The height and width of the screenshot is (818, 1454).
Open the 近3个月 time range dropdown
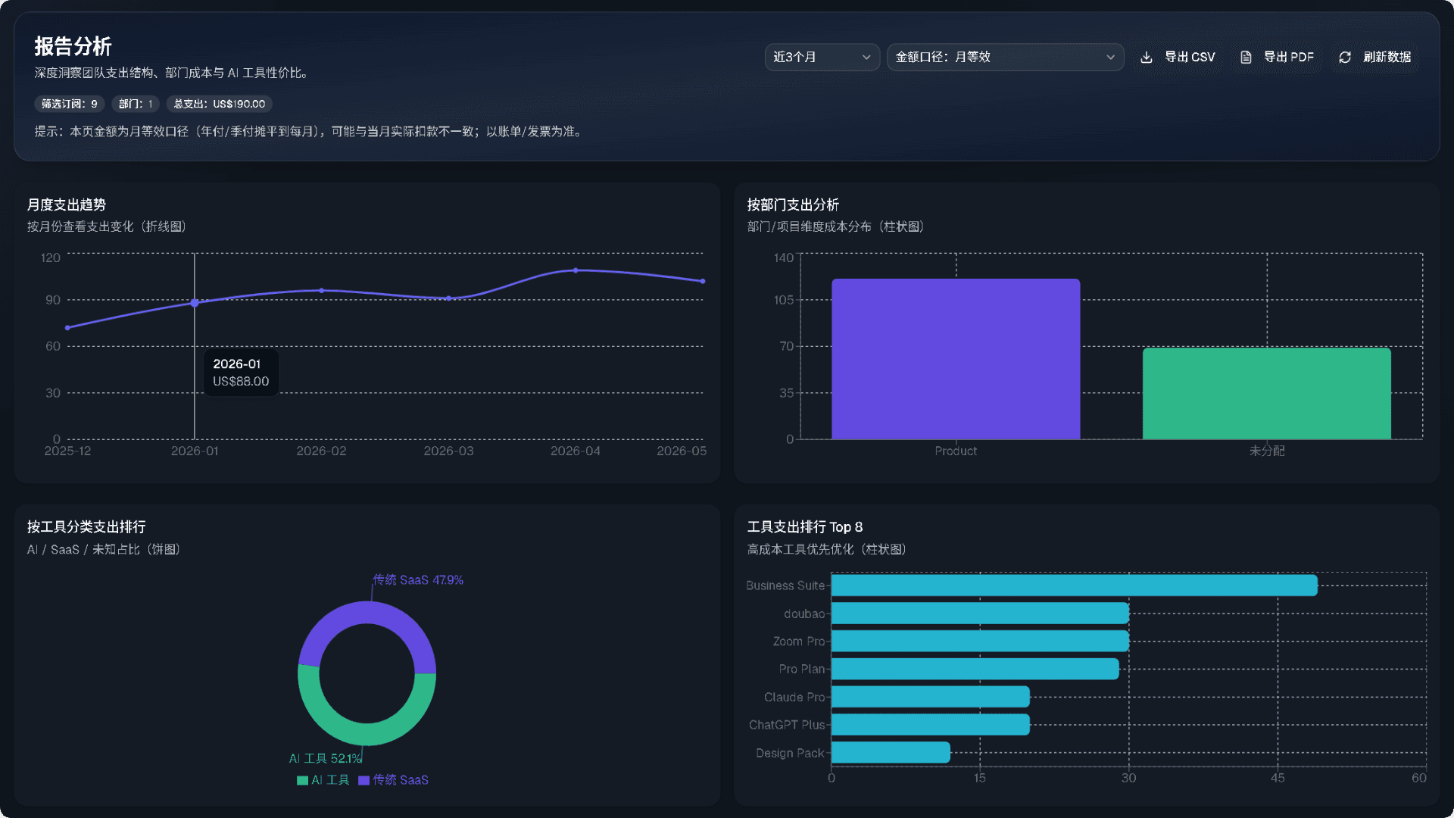click(x=822, y=57)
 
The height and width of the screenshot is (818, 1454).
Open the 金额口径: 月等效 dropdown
click(x=1005, y=57)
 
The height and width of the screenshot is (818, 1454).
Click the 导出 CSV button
click(x=1178, y=57)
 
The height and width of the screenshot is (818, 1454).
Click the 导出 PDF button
click(x=1277, y=57)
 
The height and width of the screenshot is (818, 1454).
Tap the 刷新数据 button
click(x=1374, y=57)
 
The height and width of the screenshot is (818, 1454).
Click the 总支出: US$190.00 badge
click(x=220, y=104)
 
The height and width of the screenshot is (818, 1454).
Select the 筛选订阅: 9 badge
click(x=70, y=104)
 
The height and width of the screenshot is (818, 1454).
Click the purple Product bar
click(x=956, y=359)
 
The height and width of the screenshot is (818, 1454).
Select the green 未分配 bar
click(x=1267, y=394)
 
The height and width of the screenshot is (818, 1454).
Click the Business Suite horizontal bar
click(x=1075, y=585)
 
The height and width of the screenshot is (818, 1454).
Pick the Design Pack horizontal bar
click(x=891, y=753)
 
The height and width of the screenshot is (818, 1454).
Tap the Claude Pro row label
click(x=794, y=697)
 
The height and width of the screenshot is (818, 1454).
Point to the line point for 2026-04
click(x=576, y=270)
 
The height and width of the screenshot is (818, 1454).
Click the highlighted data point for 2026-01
click(x=195, y=303)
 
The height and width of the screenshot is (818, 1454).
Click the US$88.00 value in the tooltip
click(x=241, y=381)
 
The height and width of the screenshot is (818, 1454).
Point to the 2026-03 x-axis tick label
click(x=448, y=451)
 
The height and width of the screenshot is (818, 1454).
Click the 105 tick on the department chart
click(x=784, y=300)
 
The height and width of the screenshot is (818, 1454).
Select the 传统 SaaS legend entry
click(x=394, y=780)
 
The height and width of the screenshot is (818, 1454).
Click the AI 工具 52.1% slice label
click(x=326, y=758)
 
